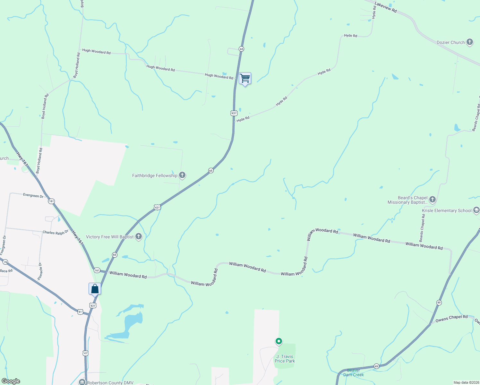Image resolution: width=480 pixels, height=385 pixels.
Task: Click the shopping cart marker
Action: pos(245,78)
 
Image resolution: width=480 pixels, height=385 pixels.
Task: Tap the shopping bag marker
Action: pos(95,289)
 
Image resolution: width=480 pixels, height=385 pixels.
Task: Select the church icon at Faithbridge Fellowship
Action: pos(182,175)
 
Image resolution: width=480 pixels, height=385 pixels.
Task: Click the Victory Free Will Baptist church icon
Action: pos(139,237)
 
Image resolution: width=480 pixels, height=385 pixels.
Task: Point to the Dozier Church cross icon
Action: pos(470,42)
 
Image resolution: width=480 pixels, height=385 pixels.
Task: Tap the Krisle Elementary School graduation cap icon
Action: pos(476,210)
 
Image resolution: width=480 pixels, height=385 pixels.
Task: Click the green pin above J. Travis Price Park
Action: pos(279,341)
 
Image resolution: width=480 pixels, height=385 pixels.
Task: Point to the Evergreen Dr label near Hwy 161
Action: pos(33,195)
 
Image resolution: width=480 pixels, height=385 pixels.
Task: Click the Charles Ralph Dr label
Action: pos(56,232)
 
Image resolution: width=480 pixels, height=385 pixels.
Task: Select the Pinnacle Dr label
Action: pos(40,271)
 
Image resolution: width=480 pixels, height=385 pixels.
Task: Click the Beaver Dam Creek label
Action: pos(354,372)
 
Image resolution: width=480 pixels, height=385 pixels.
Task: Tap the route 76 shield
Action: pos(5,262)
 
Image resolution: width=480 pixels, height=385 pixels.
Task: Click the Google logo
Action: pos(11,381)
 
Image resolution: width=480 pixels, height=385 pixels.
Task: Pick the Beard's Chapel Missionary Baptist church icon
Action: pos(433,200)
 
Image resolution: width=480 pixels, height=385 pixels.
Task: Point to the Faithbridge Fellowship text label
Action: pos(155,175)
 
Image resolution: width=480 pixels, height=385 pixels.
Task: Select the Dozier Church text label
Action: pos(450,42)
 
